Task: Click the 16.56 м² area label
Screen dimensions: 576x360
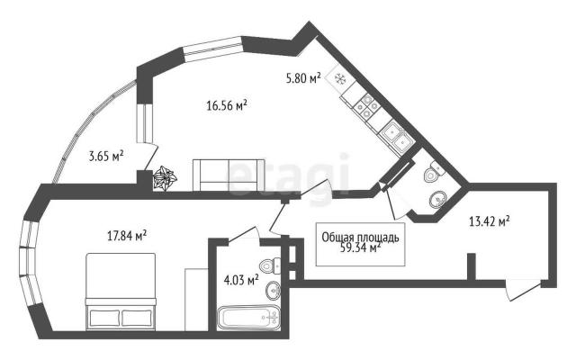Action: [x=227, y=106]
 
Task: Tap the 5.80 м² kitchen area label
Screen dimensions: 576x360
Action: [x=303, y=78]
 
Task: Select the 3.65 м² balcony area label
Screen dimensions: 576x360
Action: [x=106, y=156]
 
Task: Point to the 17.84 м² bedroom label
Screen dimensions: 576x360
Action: [x=127, y=236]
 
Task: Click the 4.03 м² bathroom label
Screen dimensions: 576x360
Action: [x=241, y=281]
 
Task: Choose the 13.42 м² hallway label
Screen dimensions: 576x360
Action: [x=489, y=221]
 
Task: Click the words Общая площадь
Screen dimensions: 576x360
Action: [x=360, y=238]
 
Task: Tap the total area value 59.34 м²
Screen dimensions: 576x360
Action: [x=360, y=248]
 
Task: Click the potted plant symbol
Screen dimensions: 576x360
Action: [x=165, y=178]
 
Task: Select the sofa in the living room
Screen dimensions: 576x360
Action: [x=229, y=175]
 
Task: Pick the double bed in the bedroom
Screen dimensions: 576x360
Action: [x=121, y=292]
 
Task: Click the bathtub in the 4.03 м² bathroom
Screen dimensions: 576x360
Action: [x=248, y=317]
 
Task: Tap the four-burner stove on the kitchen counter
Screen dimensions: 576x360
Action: [x=367, y=106]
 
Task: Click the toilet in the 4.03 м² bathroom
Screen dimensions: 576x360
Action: [x=270, y=266]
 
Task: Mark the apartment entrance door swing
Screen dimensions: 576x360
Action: [x=522, y=291]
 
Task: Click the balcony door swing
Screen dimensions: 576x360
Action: [x=151, y=156]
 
